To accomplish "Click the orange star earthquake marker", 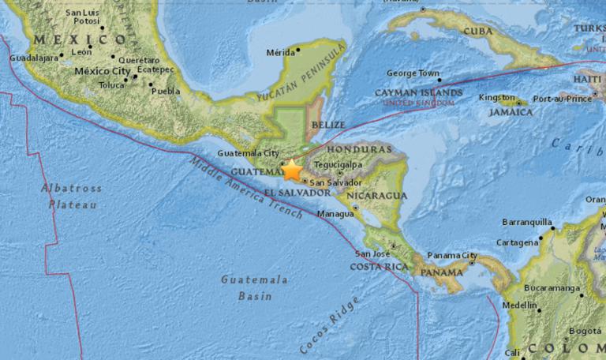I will coord(292,169).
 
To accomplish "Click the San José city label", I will coord(372,254).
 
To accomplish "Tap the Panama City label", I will coord(452,255).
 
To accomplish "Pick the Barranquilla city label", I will coord(524,223).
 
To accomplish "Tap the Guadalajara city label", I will coord(34,58).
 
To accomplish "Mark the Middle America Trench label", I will coord(245,188).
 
